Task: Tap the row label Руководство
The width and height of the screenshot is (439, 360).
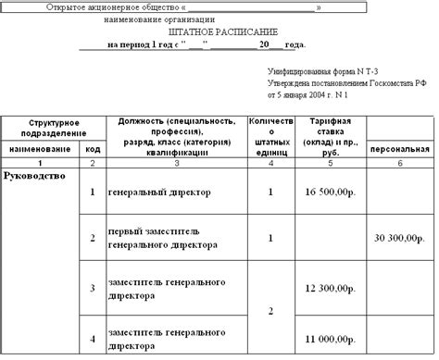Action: click(34, 174)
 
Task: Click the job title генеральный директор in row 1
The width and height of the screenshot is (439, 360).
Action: click(161, 192)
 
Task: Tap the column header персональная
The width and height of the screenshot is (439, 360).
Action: click(400, 148)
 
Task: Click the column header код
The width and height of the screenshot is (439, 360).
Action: click(92, 148)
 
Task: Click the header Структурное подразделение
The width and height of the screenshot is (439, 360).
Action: click(53, 128)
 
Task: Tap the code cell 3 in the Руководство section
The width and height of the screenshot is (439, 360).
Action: click(92, 289)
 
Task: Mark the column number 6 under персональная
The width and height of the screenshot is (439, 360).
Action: click(400, 163)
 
